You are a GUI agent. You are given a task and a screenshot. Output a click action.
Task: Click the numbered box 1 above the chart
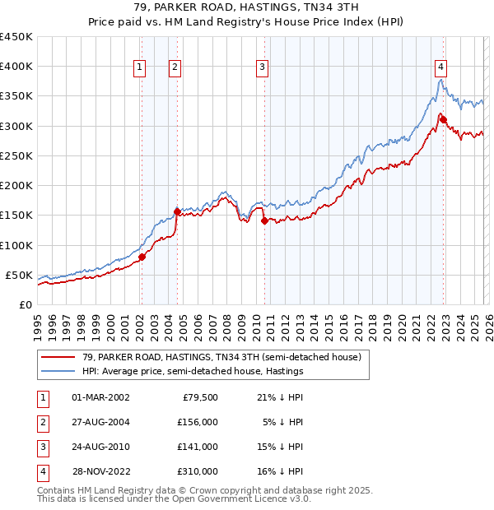140,68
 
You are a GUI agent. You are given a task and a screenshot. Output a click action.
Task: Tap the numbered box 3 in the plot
263,68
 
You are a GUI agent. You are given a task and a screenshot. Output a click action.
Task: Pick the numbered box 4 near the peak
441,68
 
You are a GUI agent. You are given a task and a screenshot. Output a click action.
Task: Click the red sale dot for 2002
142,257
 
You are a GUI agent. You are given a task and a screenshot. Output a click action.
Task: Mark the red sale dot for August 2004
177,211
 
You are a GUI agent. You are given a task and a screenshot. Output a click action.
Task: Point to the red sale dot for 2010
264,220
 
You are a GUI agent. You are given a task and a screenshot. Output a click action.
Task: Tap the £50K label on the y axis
20,275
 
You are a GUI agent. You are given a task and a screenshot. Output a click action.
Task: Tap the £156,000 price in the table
197,422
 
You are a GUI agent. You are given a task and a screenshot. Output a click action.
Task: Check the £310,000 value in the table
197,471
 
